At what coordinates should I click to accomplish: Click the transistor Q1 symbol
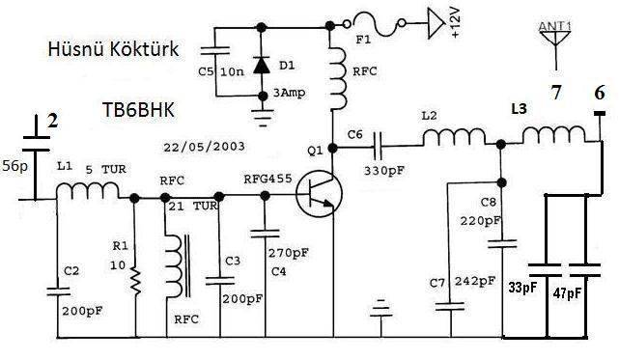(320, 194)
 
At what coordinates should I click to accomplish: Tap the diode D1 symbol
(262, 65)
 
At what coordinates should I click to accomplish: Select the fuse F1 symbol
(375, 24)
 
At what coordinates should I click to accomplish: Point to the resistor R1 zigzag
(136, 281)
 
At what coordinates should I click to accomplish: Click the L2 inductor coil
(455, 137)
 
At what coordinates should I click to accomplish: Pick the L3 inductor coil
(554, 134)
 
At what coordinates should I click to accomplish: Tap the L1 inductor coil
(88, 191)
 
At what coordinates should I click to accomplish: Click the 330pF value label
(384, 171)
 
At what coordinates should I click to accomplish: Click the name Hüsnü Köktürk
(113, 49)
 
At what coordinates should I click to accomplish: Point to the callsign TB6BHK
(138, 110)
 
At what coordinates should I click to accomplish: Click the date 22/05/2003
(204, 147)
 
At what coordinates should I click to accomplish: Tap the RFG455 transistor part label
(267, 179)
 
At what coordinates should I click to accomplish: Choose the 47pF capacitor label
(567, 293)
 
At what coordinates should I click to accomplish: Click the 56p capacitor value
(15, 166)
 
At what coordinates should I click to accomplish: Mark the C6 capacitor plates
(379, 146)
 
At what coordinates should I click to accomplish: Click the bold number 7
(556, 93)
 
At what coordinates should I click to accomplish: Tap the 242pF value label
(475, 281)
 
